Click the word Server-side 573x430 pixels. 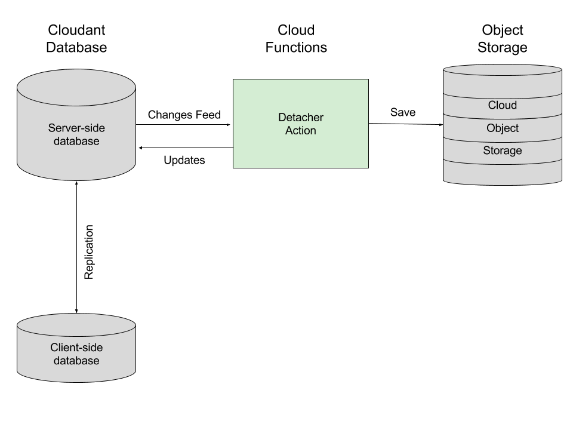tap(76, 128)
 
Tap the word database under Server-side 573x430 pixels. tap(76, 142)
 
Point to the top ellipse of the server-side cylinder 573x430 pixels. tap(76, 88)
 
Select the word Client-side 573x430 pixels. tap(76, 348)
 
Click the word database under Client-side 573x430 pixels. tap(76, 361)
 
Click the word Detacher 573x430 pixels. tap(300, 118)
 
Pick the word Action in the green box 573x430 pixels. tap(300, 131)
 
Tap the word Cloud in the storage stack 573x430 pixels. tap(502, 106)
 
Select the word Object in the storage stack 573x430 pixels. tap(502, 128)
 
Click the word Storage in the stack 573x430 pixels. tap(502, 151)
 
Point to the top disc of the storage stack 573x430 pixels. tap(502, 70)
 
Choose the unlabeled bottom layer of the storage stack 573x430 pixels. tap(502, 174)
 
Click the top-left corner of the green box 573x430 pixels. tap(234, 80)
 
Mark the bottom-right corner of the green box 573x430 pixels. tap(368, 167)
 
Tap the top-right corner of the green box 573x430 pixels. tap(368, 80)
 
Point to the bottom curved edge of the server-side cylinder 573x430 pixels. tap(76, 179)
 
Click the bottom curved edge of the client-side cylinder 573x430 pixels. tap(76, 380)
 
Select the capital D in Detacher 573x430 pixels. tap(282, 118)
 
